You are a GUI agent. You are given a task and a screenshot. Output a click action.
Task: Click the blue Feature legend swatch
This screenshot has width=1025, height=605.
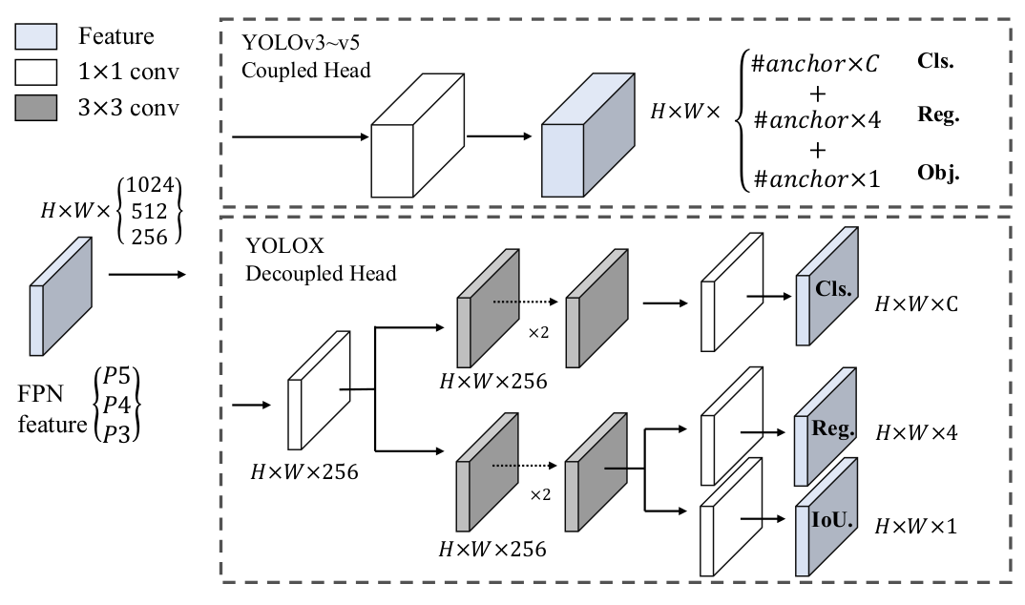pyautogui.click(x=37, y=37)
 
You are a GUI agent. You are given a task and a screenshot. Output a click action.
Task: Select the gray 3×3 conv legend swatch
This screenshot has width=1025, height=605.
pyautogui.click(x=37, y=109)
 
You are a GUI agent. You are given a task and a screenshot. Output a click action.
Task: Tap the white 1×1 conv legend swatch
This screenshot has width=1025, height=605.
pyautogui.click(x=37, y=73)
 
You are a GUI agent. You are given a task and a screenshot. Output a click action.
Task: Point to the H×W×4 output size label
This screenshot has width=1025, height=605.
pyautogui.click(x=917, y=432)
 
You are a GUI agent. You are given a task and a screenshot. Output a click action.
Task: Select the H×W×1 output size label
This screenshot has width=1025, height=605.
pyautogui.click(x=916, y=525)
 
